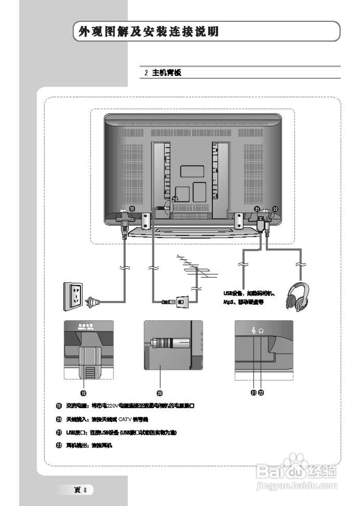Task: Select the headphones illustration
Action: point(298,297)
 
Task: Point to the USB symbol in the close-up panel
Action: point(253,331)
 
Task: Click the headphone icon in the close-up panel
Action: point(261,332)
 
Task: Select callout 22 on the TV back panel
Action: point(275,209)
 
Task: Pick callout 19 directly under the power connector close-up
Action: point(83,393)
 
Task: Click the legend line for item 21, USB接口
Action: point(117,432)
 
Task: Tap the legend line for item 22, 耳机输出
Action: point(85,446)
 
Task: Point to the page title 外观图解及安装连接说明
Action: point(149,32)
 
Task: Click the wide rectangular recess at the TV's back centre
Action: point(192,171)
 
